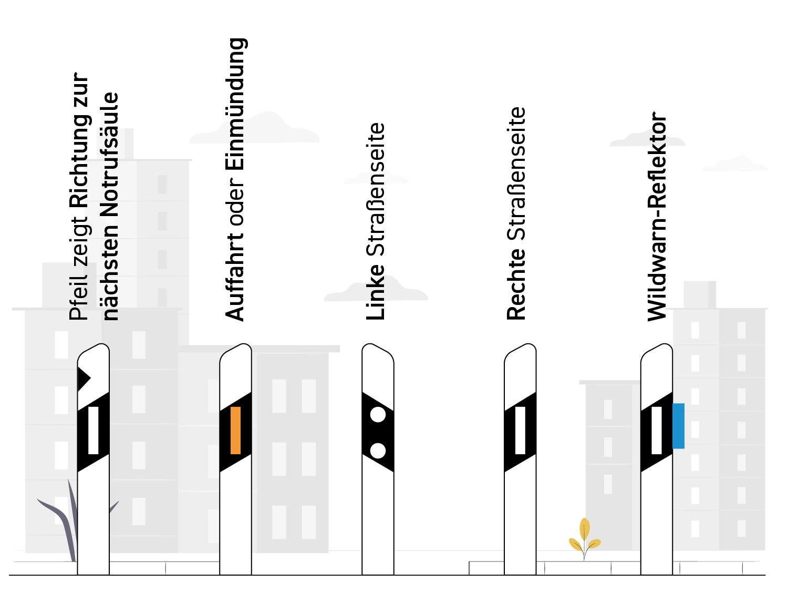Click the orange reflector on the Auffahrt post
click(x=235, y=430)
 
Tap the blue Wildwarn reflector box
click(x=678, y=426)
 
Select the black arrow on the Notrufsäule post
click(x=84, y=379)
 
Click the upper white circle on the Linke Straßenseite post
click(x=378, y=414)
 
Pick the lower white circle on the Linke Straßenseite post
click(x=378, y=451)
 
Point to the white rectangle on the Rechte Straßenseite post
click(x=520, y=430)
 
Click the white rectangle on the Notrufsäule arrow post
click(x=94, y=430)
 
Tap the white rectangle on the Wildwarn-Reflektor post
click(x=657, y=430)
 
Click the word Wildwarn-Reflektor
click(x=657, y=217)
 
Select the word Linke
click(x=375, y=292)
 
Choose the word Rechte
click(x=516, y=284)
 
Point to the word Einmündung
click(x=236, y=104)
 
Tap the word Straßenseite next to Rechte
click(x=516, y=173)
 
